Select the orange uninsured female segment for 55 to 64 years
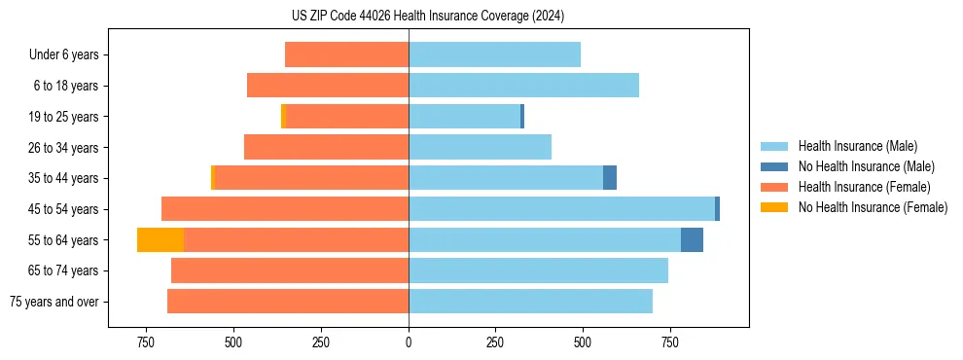[x=160, y=239]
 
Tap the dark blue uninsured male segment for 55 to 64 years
[x=692, y=239]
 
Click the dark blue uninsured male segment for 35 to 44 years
[x=610, y=178]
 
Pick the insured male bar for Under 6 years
[x=494, y=54]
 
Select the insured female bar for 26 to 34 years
[x=326, y=147]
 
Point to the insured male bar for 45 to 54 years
[x=561, y=209]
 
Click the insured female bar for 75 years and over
[x=288, y=302]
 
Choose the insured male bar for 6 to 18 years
[x=523, y=86]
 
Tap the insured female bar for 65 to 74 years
[x=290, y=270]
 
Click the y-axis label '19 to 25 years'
[x=63, y=117]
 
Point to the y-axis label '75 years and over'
[x=53, y=302]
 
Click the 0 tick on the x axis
[x=409, y=342]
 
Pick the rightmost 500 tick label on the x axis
[x=583, y=342]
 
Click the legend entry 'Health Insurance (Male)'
[x=857, y=146]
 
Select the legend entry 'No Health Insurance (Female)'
[x=873, y=207]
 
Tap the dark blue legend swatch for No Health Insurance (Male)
[x=775, y=166]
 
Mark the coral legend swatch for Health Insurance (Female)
[x=775, y=187]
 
